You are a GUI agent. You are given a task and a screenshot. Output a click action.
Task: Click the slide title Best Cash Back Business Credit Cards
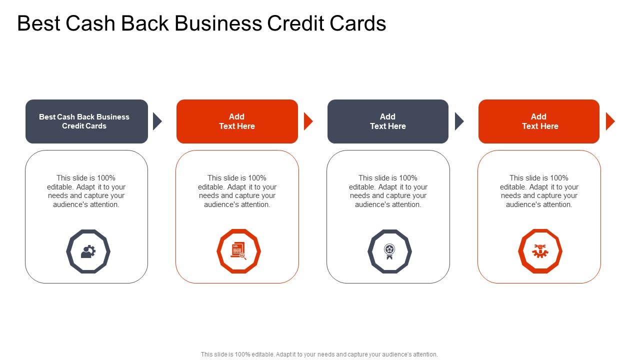[x=201, y=24]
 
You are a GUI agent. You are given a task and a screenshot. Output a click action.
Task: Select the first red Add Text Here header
[x=237, y=121]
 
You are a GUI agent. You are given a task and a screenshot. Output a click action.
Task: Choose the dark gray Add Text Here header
[x=388, y=121]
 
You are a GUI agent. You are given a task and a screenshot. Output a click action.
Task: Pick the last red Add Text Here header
[x=539, y=121]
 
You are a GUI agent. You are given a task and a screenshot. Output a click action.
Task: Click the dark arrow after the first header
[x=157, y=121]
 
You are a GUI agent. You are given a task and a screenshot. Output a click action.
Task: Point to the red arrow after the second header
[x=308, y=121]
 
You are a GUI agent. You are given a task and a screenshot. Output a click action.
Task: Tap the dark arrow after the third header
[x=459, y=121]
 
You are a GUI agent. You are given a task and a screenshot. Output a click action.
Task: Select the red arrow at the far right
[x=610, y=121]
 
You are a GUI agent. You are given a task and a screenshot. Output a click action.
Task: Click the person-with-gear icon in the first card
[x=88, y=251]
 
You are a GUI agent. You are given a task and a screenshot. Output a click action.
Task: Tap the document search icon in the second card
[x=238, y=251]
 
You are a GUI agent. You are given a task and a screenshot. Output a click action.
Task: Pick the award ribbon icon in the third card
[x=389, y=251]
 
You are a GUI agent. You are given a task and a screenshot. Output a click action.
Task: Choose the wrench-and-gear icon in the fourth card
[x=540, y=251]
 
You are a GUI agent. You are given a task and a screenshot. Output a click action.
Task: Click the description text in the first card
[x=86, y=191]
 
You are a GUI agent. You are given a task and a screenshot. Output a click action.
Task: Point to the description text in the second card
[x=237, y=191]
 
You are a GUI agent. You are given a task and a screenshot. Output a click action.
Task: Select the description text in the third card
[x=388, y=191]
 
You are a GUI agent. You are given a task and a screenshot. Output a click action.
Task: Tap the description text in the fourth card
[x=539, y=191]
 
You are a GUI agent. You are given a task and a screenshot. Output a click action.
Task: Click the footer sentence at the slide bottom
[x=319, y=354]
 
